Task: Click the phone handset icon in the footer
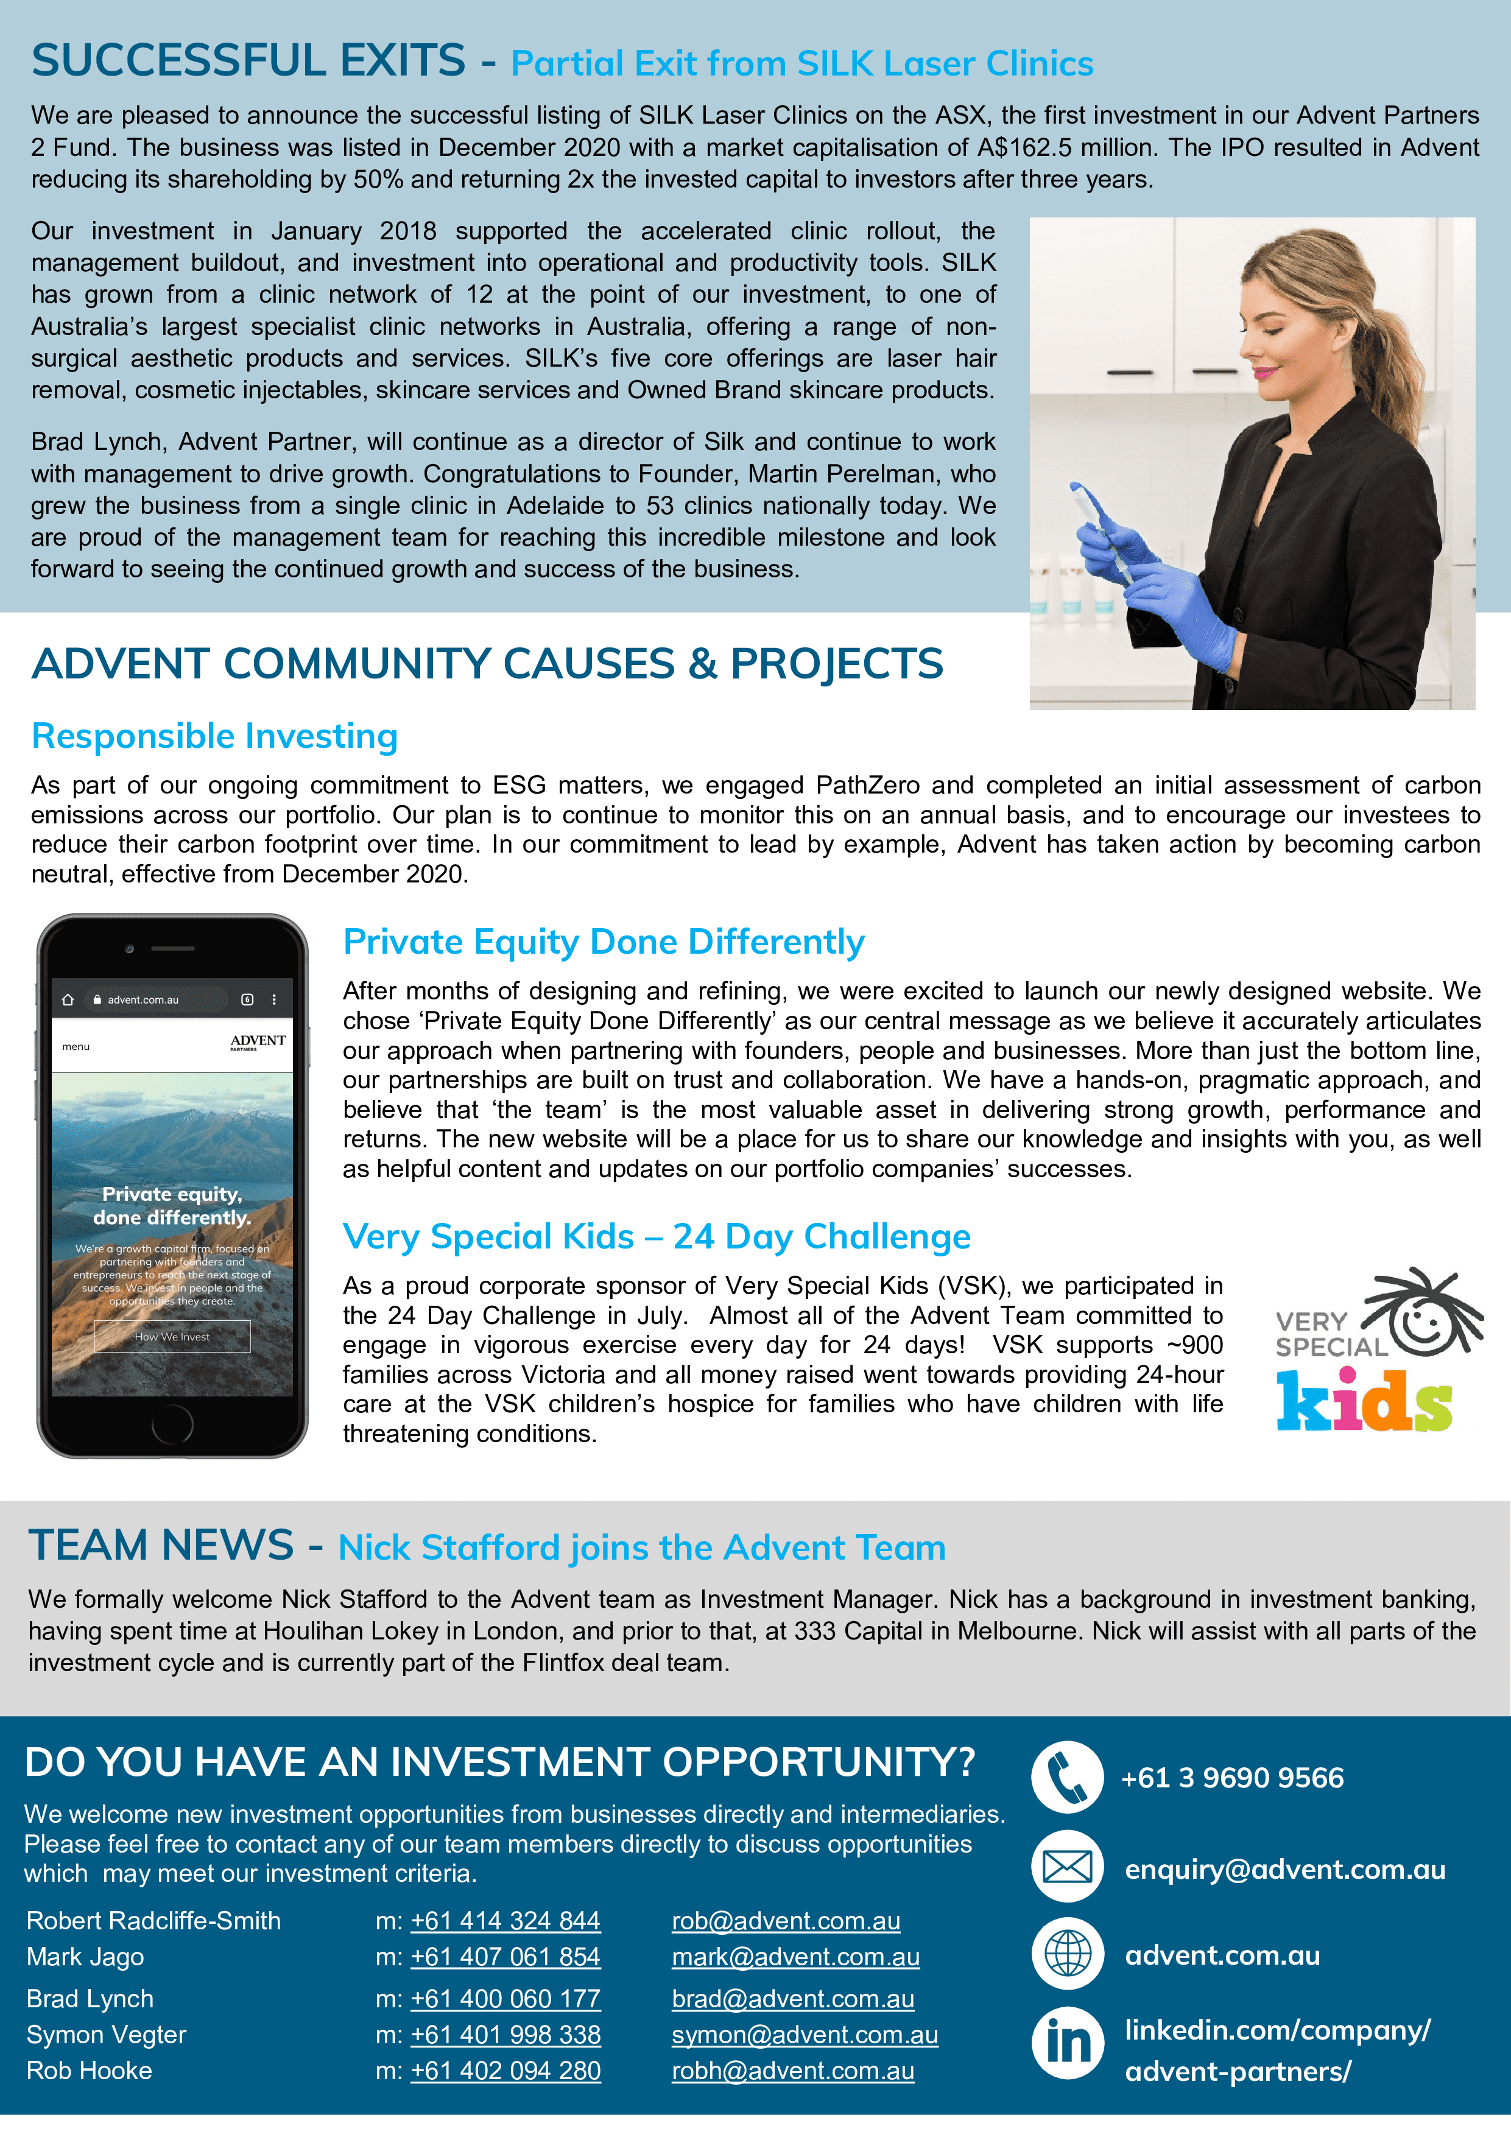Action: point(1067,1777)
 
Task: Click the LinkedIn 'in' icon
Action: point(1068,2043)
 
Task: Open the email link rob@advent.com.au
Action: point(786,1920)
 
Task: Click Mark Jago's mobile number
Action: point(505,1957)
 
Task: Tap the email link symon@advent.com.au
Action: point(805,2035)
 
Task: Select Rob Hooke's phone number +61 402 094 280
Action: point(505,2071)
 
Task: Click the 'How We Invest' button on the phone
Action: point(172,1337)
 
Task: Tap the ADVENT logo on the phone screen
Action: point(258,1041)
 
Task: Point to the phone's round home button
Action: point(172,1423)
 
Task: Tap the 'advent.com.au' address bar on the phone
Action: point(144,999)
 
